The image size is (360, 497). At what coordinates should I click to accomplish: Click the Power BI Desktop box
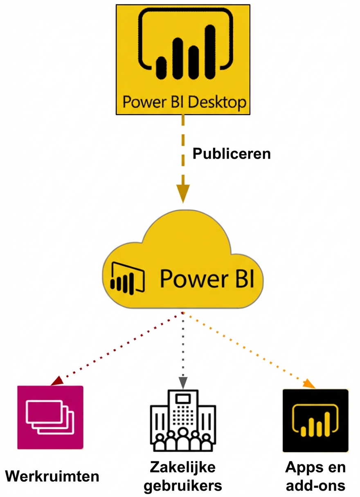[x=182, y=59]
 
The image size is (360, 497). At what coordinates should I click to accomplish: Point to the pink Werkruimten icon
[x=50, y=417]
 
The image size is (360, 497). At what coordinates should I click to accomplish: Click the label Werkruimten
[x=52, y=476]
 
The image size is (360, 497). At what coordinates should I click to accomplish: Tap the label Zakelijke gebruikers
[x=182, y=476]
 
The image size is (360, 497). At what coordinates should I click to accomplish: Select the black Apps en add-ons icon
[x=315, y=420]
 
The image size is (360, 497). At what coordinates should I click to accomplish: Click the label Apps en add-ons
[x=315, y=476]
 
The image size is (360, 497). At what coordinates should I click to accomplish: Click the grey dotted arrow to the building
[x=183, y=347]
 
